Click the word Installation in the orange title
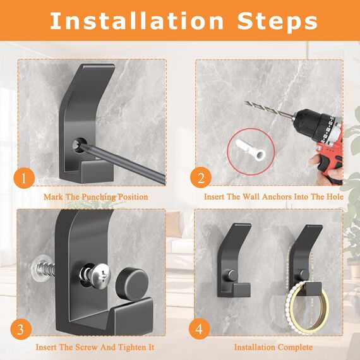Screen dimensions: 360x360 pos(137,21)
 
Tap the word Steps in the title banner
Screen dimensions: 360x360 pos(277,22)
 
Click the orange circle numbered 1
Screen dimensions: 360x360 pos(24,178)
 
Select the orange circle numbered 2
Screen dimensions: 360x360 pos(201,178)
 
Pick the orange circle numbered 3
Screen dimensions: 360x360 pos(21,329)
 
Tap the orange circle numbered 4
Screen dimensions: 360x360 pos(200,329)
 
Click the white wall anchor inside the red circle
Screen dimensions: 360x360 pos(251,150)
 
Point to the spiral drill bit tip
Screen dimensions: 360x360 pos(245,102)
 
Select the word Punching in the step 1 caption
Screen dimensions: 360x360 pos(99,197)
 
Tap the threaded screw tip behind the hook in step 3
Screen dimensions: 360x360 pos(43,268)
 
